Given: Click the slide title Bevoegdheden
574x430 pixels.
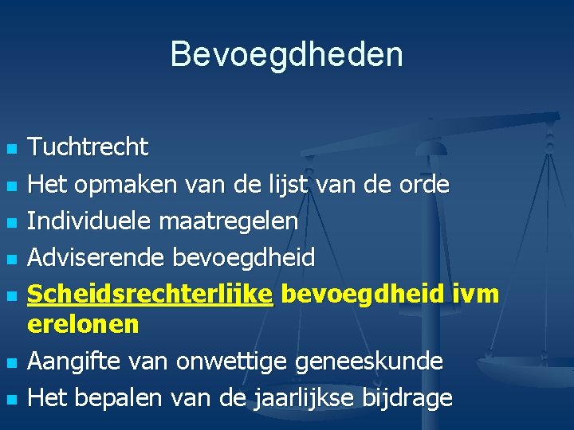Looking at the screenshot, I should (286, 55).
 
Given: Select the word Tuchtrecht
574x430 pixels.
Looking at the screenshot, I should (88, 147).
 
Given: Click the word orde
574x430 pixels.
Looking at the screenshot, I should (424, 184).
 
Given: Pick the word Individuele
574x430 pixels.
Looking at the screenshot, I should (90, 221).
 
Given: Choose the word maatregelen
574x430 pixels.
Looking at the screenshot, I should (229, 221).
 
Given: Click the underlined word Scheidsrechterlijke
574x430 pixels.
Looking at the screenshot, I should (151, 294).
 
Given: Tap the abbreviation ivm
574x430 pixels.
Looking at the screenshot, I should (475, 293).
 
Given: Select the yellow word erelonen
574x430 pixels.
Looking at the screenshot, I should (83, 324).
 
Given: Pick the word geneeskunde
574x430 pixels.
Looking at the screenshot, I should (368, 361).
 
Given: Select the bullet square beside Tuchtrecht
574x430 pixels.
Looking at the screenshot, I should (10, 149).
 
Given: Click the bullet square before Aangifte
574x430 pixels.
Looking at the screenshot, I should (10, 363).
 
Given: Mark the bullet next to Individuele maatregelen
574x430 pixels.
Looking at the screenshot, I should (10, 223).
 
